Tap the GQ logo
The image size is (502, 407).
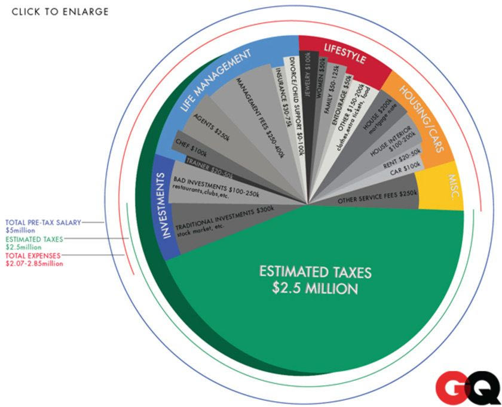pos(467,388)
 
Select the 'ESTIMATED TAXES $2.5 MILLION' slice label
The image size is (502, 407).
pos(315,280)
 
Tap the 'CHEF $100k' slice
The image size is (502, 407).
pos(191,147)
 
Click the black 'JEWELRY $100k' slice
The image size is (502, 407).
pos(308,90)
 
